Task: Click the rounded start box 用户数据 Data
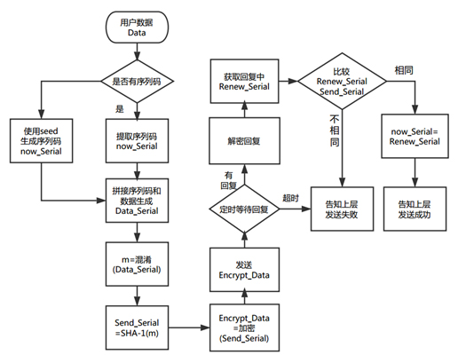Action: point(137,28)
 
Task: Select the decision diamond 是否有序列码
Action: point(137,81)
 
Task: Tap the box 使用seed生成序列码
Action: point(41,141)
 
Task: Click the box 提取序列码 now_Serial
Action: point(137,141)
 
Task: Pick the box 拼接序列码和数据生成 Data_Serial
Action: point(137,201)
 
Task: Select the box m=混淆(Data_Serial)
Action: point(137,264)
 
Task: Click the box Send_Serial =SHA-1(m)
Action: point(137,327)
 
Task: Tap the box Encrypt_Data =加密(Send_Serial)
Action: point(244,327)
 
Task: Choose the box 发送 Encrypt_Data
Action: point(244,270)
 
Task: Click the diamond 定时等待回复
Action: point(244,209)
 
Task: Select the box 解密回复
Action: point(244,141)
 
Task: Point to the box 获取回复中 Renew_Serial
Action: point(244,81)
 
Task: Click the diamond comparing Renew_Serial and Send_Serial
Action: point(342,81)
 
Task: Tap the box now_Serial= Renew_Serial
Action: point(415,136)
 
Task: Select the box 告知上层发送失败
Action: point(342,209)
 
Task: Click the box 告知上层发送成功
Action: point(415,209)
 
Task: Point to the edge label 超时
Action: point(290,198)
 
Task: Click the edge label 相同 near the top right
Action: point(404,70)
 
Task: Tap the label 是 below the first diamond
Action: point(120,109)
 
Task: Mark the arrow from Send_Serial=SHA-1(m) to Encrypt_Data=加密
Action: point(189,327)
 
